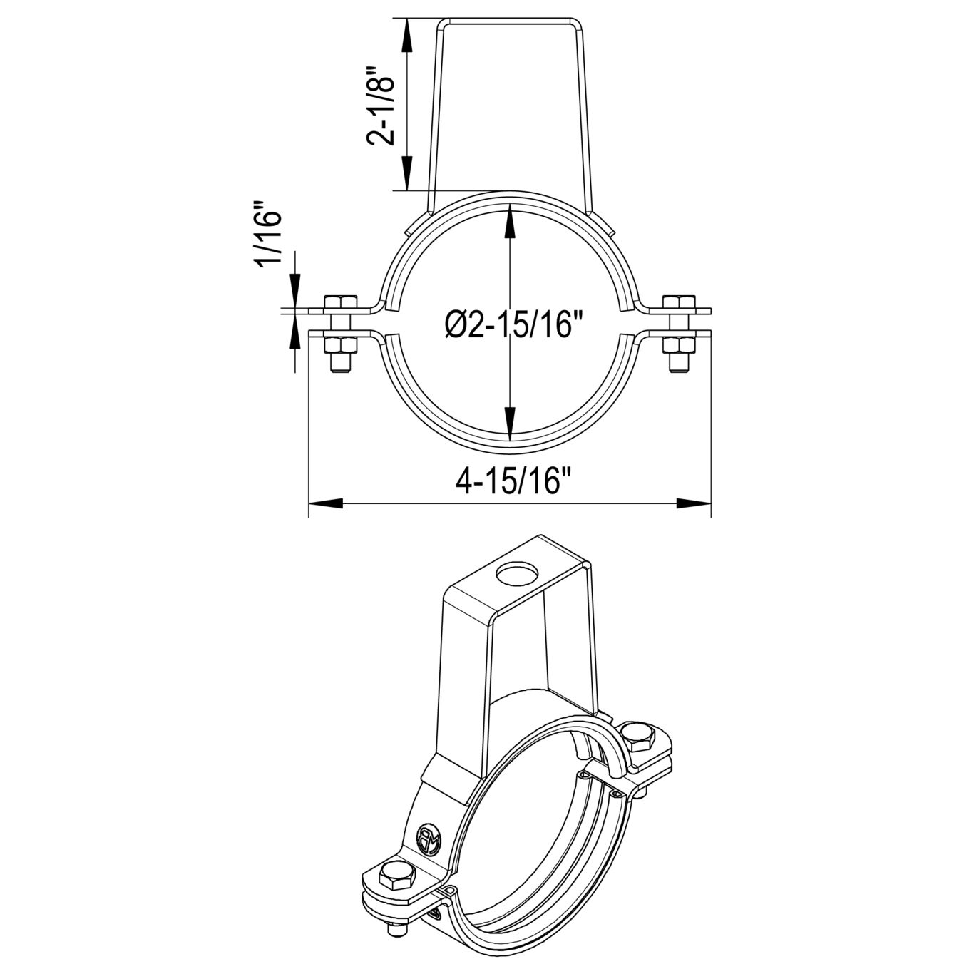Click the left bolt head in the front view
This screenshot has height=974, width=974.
coord(340,302)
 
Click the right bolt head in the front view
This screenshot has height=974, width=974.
coord(680,302)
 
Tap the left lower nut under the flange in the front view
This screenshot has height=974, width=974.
coord(340,345)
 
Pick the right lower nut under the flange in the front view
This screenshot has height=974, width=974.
coord(680,345)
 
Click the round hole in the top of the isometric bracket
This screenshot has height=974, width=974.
coord(517,575)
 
